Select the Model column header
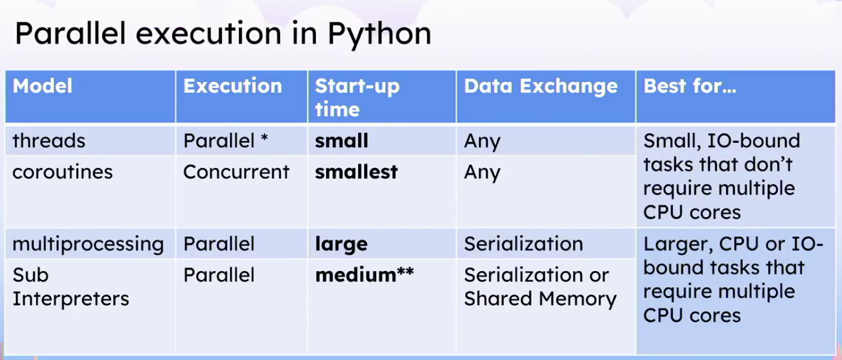(42, 86)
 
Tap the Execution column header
(233, 86)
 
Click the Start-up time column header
(357, 97)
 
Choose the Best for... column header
(689, 86)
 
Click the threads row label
(49, 141)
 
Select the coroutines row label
(62, 172)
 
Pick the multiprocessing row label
(88, 245)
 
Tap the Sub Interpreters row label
(70, 287)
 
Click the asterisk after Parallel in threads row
(264, 138)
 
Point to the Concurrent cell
(236, 172)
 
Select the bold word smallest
(356, 172)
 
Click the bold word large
(341, 245)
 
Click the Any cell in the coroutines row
(483, 173)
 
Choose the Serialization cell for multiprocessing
(524, 244)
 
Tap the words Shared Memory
(540, 300)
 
